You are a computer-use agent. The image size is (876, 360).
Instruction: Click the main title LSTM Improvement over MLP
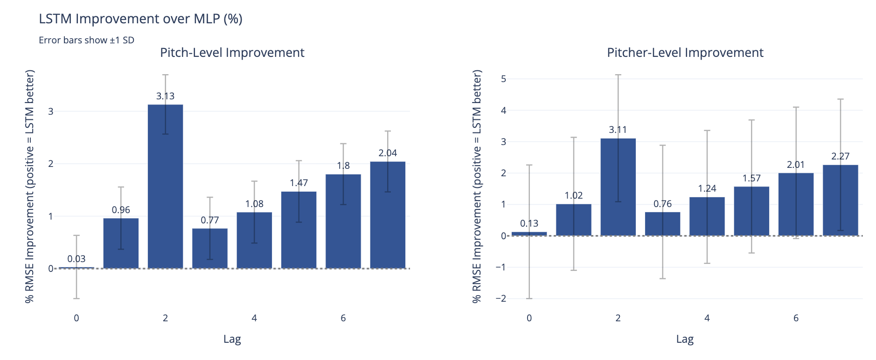(x=140, y=19)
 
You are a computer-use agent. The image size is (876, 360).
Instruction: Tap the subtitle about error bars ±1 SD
(x=86, y=40)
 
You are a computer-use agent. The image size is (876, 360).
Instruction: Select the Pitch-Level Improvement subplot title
(x=232, y=53)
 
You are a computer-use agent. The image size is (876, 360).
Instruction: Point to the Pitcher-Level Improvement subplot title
(x=685, y=53)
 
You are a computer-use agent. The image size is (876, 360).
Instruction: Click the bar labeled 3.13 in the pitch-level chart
(x=165, y=187)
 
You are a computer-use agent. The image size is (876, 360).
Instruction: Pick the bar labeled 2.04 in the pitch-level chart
(x=388, y=215)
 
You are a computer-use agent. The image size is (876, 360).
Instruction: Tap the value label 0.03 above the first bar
(x=76, y=259)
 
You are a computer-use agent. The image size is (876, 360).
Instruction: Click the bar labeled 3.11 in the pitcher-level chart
(x=618, y=187)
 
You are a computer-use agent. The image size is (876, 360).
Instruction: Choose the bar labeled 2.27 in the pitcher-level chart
(x=840, y=201)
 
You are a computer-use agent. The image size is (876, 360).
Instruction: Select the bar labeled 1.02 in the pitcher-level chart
(x=573, y=220)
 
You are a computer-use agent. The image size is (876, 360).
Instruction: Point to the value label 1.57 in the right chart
(x=751, y=178)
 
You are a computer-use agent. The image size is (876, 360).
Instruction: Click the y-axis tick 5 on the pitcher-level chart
(x=503, y=79)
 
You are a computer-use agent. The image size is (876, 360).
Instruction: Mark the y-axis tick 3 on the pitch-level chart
(x=51, y=111)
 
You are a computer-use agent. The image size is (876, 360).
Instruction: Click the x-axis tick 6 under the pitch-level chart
(x=343, y=318)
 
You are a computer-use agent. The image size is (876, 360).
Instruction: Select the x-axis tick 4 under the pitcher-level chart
(x=707, y=318)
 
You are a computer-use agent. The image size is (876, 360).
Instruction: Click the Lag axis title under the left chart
(x=232, y=339)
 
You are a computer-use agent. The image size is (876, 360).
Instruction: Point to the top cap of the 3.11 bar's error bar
(x=618, y=75)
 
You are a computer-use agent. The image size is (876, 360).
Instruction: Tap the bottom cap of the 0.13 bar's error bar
(x=529, y=298)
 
